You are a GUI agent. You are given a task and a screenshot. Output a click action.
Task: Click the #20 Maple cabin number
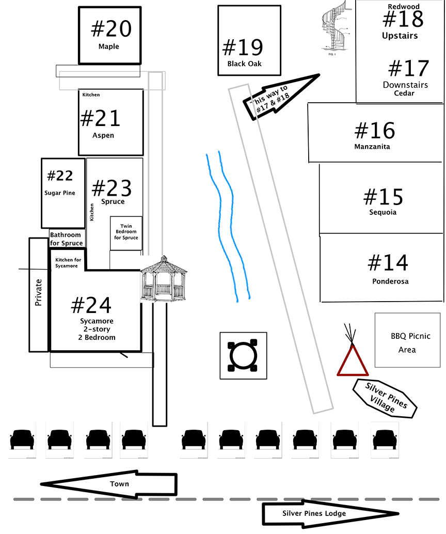pos(111,29)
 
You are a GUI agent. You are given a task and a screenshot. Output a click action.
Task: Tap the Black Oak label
pos(245,64)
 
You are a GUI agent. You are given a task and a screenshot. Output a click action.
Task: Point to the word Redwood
pos(403,6)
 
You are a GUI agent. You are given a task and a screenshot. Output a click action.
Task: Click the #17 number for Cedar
pos(408,69)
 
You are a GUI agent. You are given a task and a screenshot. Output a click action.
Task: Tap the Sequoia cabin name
pos(383,212)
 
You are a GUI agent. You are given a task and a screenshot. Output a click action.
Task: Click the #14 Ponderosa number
pos(388,263)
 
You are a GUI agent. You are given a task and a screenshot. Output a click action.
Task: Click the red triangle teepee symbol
pos(353,360)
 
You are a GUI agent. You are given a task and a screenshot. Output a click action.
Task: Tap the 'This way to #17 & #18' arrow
pos(281,97)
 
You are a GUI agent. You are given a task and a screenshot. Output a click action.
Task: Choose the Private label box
pos(39,295)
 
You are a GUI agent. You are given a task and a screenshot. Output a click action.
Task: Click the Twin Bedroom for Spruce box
pos(126,233)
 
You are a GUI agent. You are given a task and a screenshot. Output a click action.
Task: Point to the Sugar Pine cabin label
pos(60,193)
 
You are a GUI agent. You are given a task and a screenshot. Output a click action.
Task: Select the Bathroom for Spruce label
pos(66,239)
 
